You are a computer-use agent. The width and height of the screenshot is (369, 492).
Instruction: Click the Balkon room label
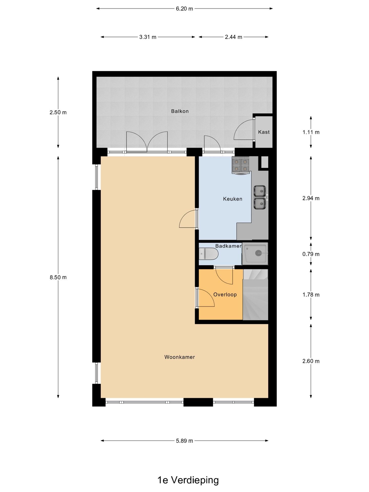180,111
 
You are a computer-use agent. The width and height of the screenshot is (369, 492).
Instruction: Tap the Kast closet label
264,132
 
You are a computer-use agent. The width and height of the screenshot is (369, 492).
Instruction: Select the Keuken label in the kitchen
232,199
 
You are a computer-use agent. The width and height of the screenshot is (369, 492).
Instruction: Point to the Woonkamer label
179,357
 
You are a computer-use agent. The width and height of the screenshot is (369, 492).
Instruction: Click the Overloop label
225,294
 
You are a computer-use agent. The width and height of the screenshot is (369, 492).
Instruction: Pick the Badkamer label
228,246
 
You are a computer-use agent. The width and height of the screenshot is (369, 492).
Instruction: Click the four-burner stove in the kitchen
240,165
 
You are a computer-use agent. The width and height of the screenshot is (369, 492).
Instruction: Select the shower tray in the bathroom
255,254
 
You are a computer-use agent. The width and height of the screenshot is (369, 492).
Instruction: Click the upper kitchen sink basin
260,191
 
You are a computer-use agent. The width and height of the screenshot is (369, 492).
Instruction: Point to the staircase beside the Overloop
255,295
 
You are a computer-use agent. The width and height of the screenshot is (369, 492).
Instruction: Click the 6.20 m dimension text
184,9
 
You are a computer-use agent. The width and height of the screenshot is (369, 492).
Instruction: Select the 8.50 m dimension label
58,277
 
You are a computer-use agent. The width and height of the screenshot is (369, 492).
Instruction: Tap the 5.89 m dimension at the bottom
184,441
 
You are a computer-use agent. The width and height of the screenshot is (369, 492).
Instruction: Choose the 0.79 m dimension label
311,254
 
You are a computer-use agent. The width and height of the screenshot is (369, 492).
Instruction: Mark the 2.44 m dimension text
233,37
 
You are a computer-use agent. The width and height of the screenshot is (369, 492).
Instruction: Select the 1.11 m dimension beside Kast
311,132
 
